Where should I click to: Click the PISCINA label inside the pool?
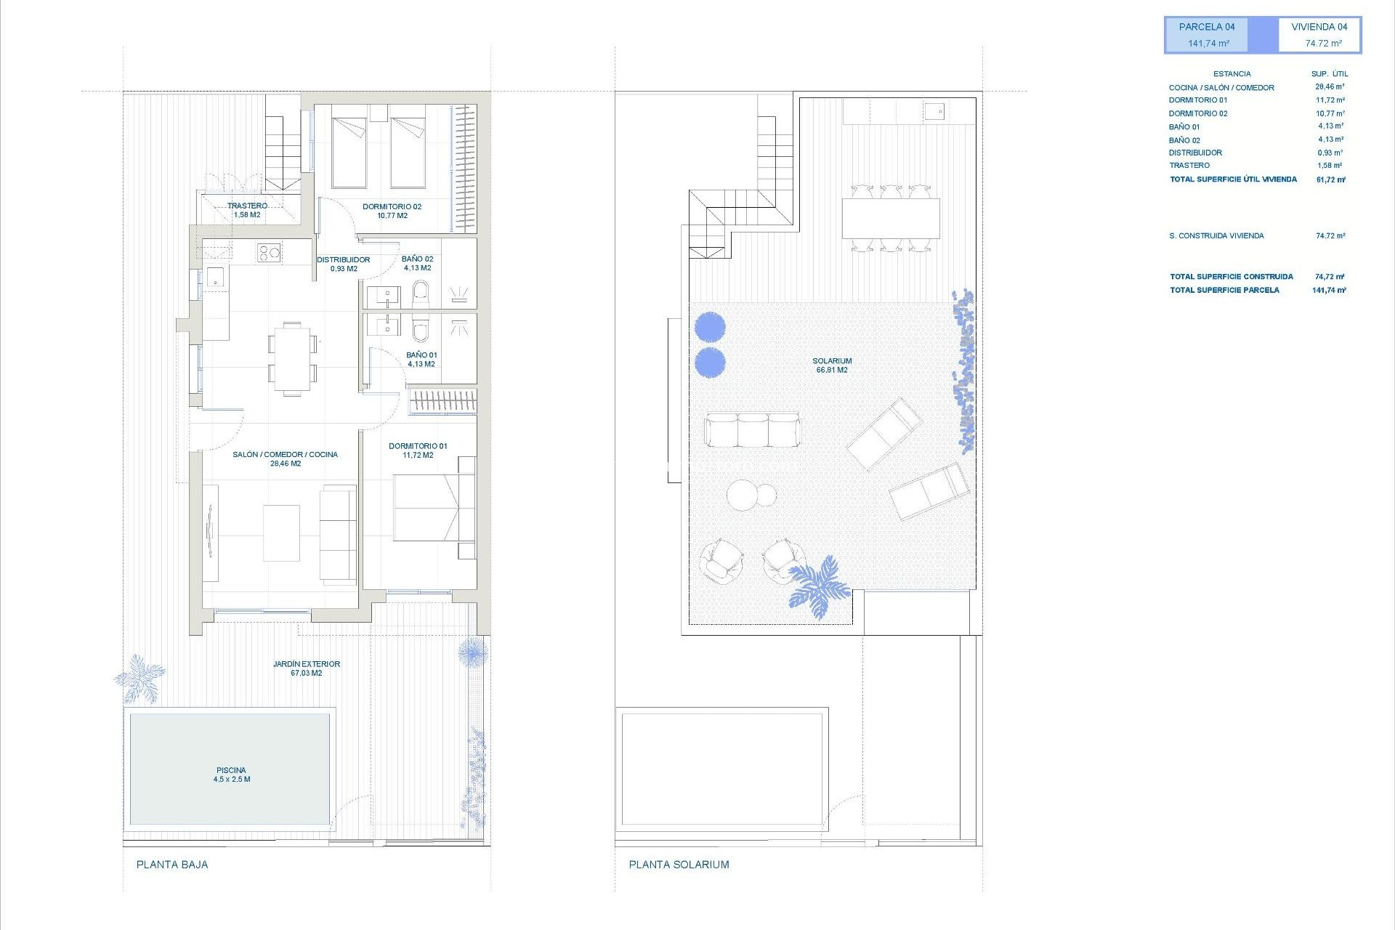click(231, 775)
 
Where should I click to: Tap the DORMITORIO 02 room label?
click(392, 211)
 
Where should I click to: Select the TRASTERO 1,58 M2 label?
click(247, 210)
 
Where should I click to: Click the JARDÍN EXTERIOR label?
click(306, 668)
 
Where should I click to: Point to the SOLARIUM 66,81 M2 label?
click(832, 365)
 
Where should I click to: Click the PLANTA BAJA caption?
click(172, 865)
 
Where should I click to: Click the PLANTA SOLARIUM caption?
click(679, 865)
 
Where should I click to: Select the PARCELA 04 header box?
click(1207, 35)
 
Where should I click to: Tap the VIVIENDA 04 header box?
click(1319, 35)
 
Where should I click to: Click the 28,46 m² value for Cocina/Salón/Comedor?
click(1330, 87)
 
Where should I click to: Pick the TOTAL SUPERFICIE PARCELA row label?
click(1224, 290)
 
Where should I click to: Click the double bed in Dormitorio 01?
click(426, 507)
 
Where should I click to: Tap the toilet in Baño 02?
click(421, 294)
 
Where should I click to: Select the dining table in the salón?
click(292, 359)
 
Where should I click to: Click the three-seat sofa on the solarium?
click(752, 430)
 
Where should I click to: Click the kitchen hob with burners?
click(269, 253)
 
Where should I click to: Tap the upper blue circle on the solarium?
click(710, 327)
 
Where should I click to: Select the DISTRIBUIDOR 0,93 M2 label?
click(343, 264)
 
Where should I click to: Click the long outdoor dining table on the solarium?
click(891, 218)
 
